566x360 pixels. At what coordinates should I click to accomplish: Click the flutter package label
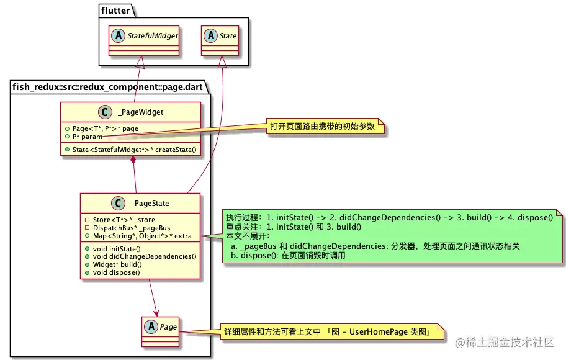click(116, 10)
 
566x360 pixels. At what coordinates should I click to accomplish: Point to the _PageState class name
click(150, 203)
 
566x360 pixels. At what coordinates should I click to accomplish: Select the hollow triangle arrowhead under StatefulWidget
click(140, 61)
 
